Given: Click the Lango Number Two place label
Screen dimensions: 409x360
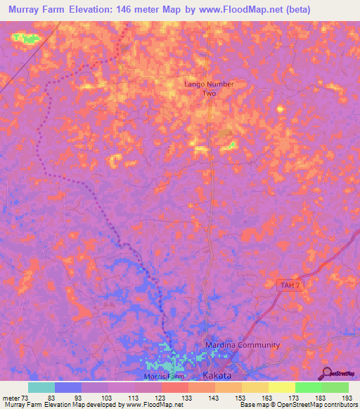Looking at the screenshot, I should [x=209, y=89].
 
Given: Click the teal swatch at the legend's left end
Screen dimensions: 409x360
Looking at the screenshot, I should [x=41, y=387].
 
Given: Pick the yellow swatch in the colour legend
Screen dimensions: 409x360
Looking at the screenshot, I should [x=282, y=387].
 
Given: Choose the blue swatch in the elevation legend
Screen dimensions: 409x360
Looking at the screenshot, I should [x=68, y=387].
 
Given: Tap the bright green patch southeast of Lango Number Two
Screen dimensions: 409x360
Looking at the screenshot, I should [x=231, y=146].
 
